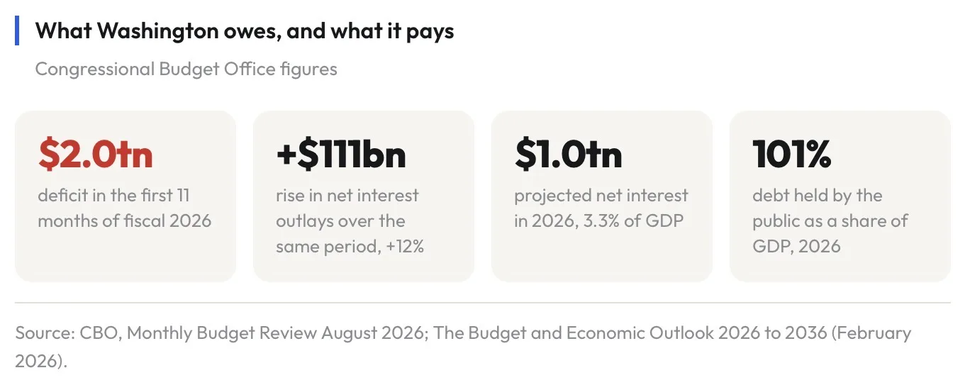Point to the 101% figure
792,154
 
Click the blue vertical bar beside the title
17,30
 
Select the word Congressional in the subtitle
95,69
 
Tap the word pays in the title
430,33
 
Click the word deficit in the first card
64,195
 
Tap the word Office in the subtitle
250,69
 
